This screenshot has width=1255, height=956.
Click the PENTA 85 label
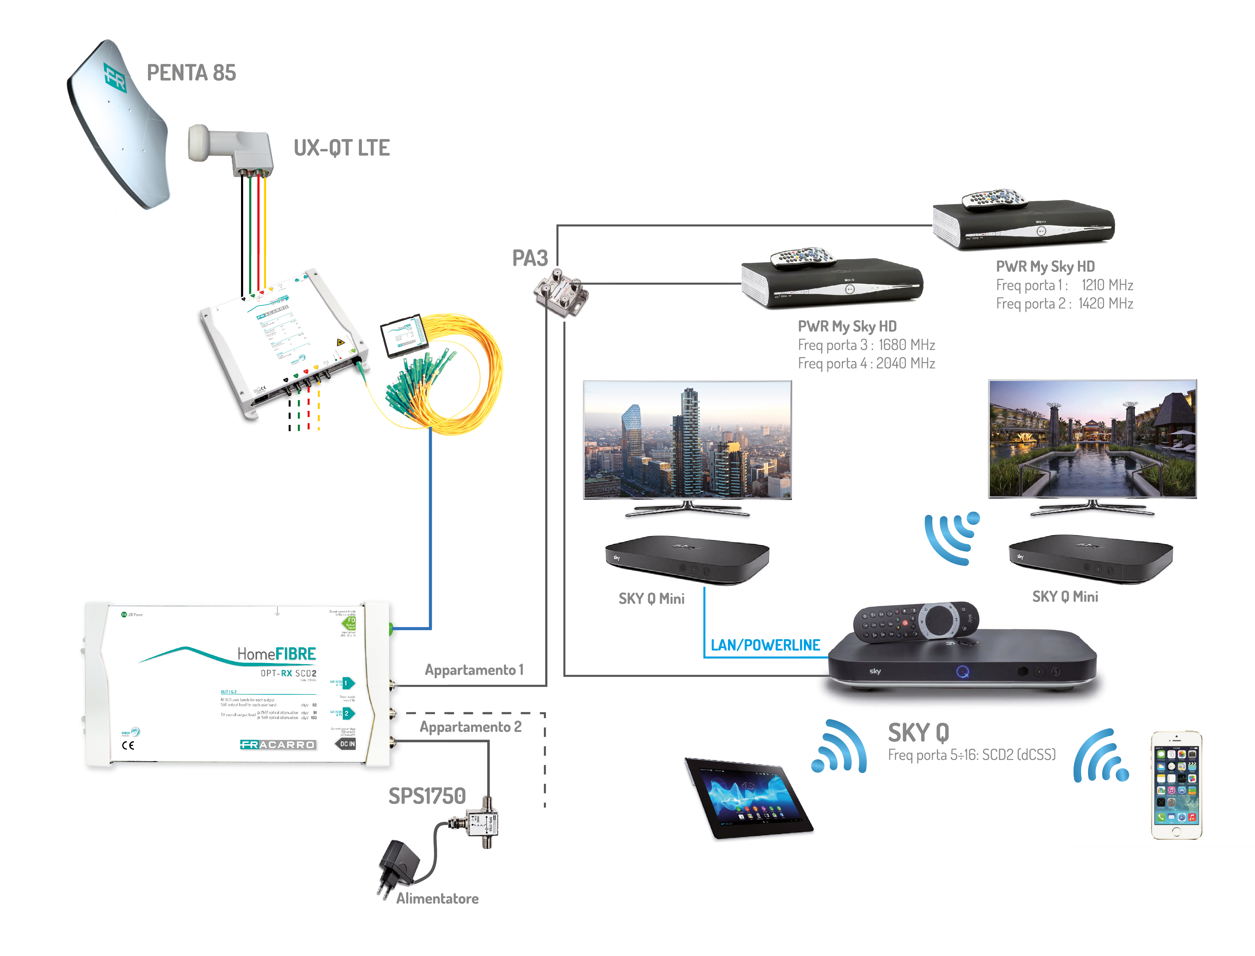pos(191,73)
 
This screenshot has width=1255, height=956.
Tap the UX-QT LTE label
pos(342,148)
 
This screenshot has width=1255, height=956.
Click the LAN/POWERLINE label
pos(765,645)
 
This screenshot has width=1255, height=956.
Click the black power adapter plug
pos(398,865)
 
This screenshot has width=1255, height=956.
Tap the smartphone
pos(1176,785)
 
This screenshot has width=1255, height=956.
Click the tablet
pos(748,797)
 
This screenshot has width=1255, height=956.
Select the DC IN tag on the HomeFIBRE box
pos(347,744)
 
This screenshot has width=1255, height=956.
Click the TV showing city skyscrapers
pos(687,441)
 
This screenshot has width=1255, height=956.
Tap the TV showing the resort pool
pos(1092,440)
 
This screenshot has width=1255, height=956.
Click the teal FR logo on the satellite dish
pos(115,77)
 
